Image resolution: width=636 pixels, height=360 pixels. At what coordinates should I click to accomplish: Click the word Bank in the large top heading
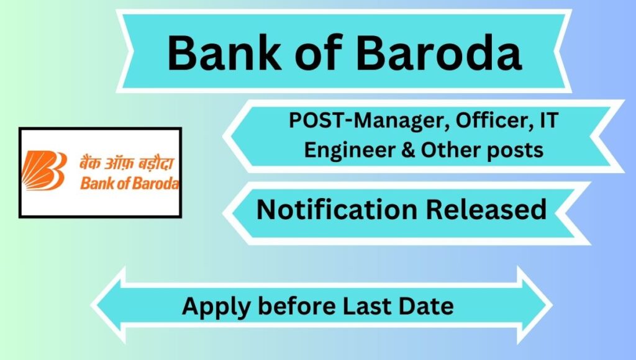coord(224,53)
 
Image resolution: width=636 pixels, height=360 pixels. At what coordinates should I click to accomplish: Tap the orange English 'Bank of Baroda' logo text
coord(129,183)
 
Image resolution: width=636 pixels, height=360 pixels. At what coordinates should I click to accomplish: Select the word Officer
coord(494,120)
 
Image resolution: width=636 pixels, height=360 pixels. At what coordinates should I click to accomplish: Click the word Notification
coord(337,209)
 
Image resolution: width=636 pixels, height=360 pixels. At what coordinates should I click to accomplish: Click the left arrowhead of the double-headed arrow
coord(109,305)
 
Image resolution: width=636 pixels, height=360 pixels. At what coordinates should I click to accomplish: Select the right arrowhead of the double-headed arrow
coord(535,305)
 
